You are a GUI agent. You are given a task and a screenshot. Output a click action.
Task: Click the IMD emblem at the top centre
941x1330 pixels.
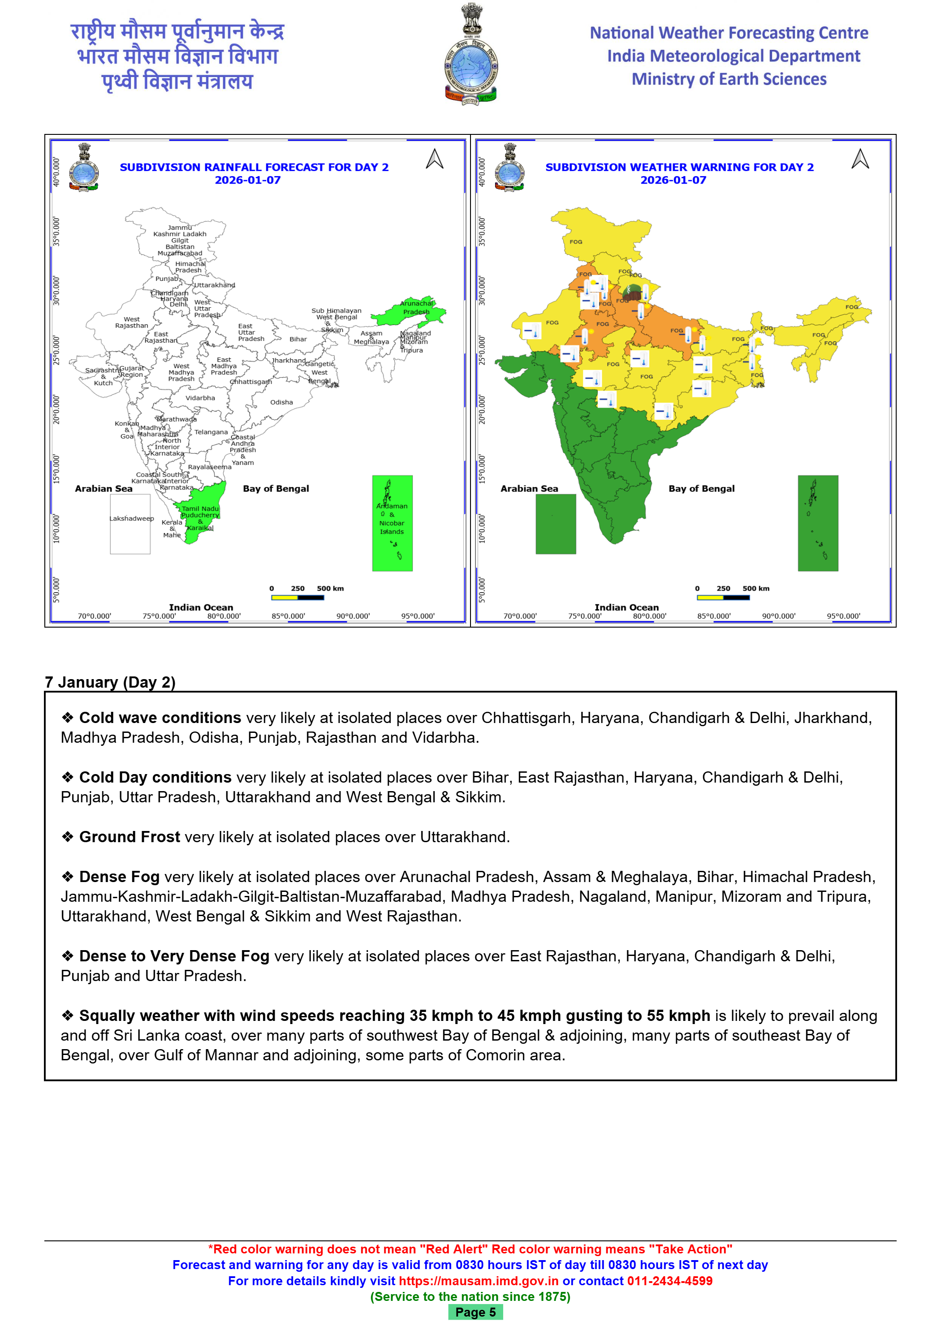[470, 55]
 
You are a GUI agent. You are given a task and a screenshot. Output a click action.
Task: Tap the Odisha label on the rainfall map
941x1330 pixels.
[281, 402]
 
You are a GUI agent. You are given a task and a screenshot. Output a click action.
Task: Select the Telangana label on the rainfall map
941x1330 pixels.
[211, 432]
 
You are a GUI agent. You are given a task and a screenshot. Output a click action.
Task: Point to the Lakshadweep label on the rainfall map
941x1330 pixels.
[132, 518]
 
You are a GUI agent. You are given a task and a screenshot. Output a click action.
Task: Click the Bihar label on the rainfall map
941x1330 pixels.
[298, 340]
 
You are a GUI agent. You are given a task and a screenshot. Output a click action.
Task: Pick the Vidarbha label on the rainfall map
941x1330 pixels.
[200, 398]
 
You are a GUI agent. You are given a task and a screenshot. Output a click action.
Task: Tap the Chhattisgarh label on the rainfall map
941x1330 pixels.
[250, 382]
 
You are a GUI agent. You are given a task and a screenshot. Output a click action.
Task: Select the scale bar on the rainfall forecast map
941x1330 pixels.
[297, 597]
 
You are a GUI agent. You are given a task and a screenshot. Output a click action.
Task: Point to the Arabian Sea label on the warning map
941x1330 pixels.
[529, 488]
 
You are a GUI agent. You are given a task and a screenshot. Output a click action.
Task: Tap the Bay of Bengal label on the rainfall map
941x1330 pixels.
[276, 488]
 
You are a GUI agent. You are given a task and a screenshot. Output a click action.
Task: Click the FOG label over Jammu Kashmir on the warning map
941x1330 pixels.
[575, 241]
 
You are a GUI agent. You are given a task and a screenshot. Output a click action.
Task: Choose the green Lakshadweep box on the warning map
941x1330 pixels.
[556, 524]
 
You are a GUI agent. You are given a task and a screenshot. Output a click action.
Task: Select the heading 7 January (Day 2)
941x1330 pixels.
[110, 682]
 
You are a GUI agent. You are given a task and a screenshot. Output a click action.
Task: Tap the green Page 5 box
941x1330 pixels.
[475, 1312]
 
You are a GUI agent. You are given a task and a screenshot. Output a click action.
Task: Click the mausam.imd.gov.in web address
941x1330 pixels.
[479, 1281]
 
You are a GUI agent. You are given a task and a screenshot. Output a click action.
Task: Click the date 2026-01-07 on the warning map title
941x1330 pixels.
[673, 180]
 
